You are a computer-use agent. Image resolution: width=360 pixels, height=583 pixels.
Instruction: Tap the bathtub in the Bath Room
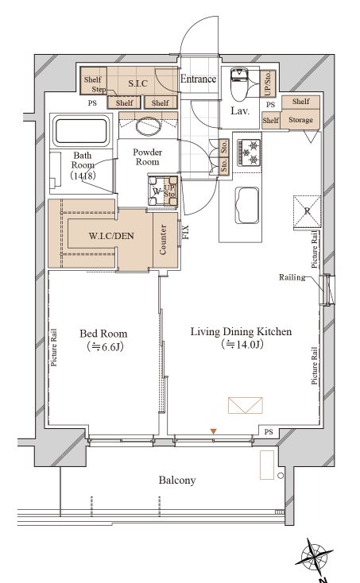point(81,132)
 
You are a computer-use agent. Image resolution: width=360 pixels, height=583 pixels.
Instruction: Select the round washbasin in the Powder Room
point(148,125)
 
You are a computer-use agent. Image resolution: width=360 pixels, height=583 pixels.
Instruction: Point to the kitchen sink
point(247,205)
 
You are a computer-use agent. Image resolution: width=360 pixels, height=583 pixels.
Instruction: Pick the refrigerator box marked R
point(308,211)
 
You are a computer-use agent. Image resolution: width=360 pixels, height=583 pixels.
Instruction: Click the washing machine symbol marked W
point(163,191)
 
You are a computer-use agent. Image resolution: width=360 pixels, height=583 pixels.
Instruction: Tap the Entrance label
point(198,79)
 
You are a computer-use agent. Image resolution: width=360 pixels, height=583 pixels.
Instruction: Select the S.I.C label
point(138,83)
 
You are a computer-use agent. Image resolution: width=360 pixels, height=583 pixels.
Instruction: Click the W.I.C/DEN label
point(111,236)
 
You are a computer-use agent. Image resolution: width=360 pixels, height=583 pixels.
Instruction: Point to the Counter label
point(163,240)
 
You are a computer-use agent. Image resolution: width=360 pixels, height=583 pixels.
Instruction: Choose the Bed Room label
point(103,334)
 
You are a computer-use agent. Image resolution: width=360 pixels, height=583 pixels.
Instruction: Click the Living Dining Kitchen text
point(241,331)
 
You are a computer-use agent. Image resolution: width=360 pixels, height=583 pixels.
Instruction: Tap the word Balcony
point(177,480)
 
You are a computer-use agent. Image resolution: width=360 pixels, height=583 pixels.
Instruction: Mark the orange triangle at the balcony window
point(213,431)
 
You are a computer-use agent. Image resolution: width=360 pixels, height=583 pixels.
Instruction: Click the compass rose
point(315,558)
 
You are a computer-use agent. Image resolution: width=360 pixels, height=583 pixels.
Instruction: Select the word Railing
point(292,277)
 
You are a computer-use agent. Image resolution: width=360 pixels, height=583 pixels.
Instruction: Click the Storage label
point(300,120)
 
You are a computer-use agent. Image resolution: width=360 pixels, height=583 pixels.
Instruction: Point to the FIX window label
point(185,232)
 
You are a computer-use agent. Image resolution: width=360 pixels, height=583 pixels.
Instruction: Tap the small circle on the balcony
point(281,476)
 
